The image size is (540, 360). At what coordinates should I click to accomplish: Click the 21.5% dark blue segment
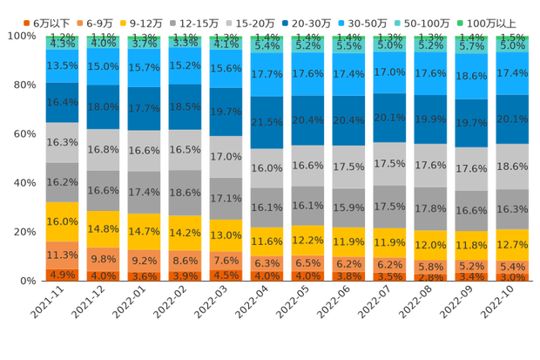click(x=267, y=123)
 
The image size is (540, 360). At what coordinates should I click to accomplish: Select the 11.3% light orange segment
click(x=62, y=255)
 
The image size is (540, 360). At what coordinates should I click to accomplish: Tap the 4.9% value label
click(x=62, y=275)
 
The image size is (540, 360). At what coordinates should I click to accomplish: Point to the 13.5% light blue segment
click(x=62, y=66)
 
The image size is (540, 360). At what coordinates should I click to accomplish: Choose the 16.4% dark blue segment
click(x=62, y=103)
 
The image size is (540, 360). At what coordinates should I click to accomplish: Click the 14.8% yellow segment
click(x=103, y=229)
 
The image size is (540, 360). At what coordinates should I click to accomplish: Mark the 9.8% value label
click(x=103, y=260)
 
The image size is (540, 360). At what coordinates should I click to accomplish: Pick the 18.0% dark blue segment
click(x=103, y=106)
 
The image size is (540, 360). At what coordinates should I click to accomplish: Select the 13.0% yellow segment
click(x=226, y=235)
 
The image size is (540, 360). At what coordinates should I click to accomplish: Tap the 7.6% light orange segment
click(x=226, y=261)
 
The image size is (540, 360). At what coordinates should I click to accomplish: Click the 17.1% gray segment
click(x=226, y=199)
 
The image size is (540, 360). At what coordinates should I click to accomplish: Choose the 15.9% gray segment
click(x=348, y=207)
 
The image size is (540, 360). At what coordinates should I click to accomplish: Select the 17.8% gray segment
click(x=431, y=209)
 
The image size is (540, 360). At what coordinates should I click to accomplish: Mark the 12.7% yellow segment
click(x=512, y=244)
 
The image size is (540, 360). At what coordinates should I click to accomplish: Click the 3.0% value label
click(x=512, y=277)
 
